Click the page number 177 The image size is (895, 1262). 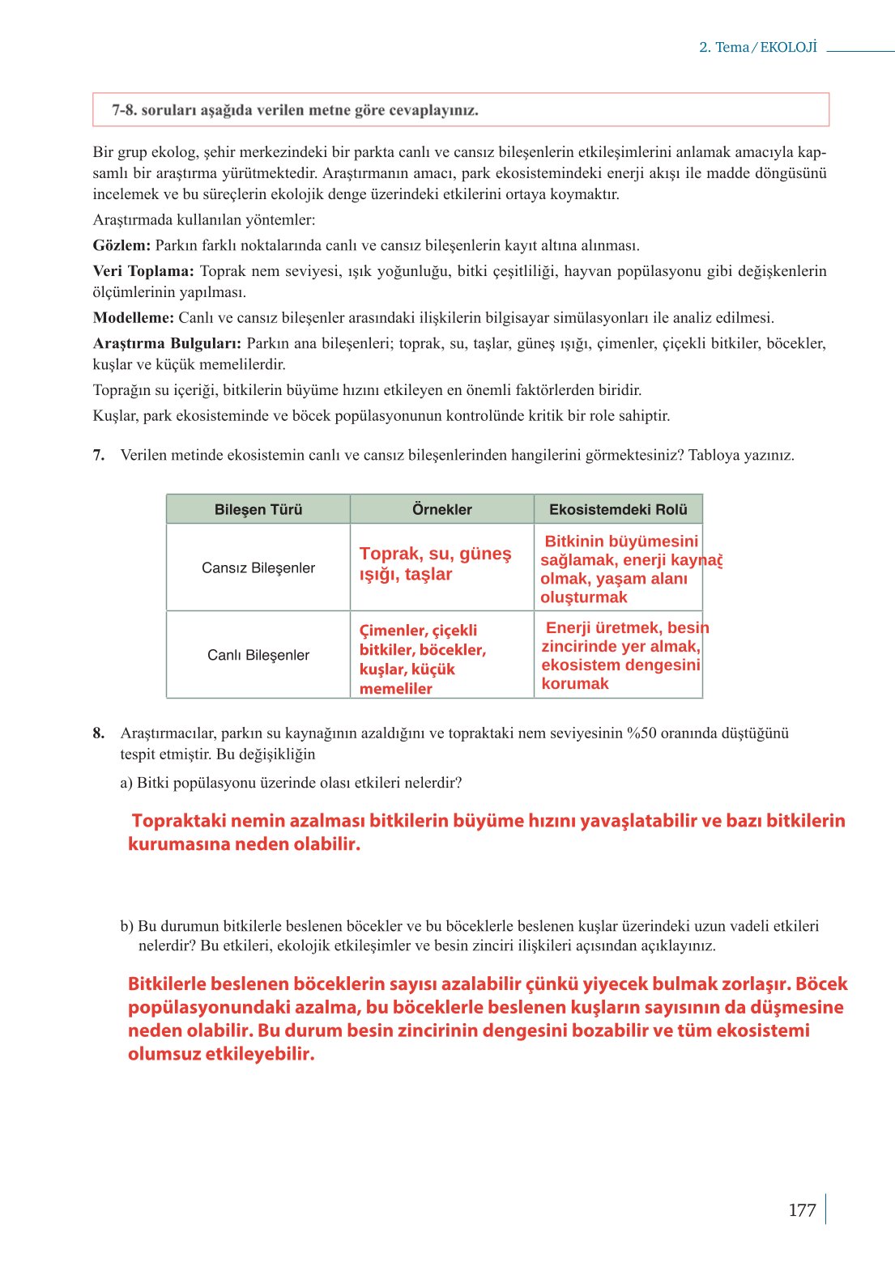[801, 1209]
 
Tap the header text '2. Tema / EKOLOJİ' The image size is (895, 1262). [757, 48]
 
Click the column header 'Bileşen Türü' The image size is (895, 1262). [258, 509]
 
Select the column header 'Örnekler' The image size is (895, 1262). [441, 509]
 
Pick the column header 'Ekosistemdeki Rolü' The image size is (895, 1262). [617, 509]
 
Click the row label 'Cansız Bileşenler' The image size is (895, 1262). [258, 567]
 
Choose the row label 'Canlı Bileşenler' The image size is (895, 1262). [258, 655]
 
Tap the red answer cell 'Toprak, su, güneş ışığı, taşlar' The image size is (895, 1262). [435, 563]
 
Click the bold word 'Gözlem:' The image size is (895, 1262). [121, 245]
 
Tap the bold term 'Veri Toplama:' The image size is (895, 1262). [143, 271]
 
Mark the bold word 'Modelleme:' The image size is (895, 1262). [133, 317]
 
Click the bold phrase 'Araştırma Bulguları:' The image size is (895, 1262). [167, 343]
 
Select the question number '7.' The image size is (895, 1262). [99, 455]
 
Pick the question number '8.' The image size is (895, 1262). [99, 733]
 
